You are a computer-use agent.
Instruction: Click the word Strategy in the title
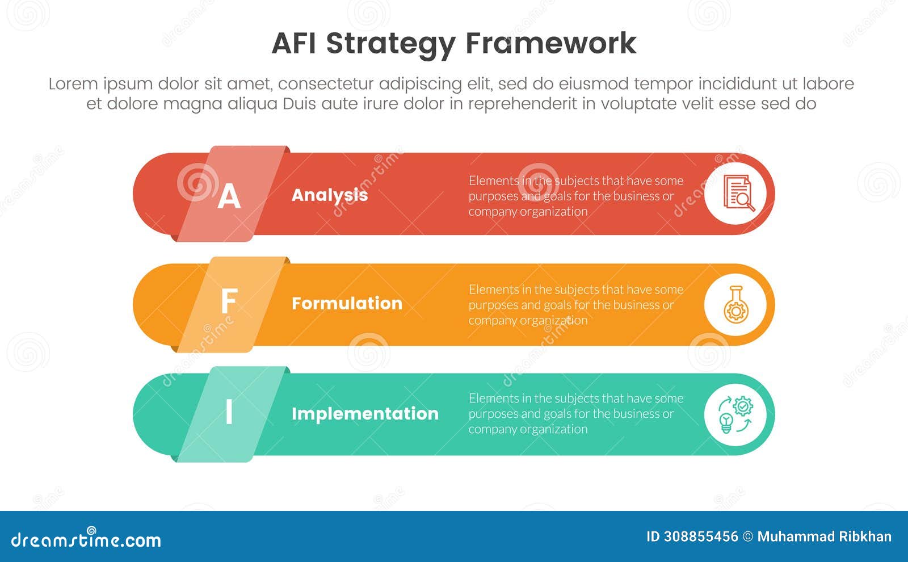[390, 44]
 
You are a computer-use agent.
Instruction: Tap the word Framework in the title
[550, 43]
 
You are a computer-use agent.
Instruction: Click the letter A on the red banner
[229, 196]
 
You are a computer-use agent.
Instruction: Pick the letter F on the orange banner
[228, 301]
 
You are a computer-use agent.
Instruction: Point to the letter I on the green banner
[229, 412]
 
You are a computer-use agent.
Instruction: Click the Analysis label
[330, 195]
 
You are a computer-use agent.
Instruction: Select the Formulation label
[347, 303]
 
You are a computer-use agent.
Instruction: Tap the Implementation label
[365, 413]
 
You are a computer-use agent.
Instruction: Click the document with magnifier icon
[735, 194]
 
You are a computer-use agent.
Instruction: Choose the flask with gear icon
[735, 305]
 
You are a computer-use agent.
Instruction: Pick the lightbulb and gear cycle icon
[735, 414]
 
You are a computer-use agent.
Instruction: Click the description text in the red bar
[575, 196]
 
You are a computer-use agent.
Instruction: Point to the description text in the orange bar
[575, 305]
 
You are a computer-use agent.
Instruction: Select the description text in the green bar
[575, 414]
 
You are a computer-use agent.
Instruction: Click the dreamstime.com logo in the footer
[86, 539]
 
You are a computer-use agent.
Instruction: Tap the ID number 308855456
[701, 537]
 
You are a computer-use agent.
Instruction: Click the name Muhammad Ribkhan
[824, 537]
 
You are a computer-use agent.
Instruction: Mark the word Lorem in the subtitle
[73, 84]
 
